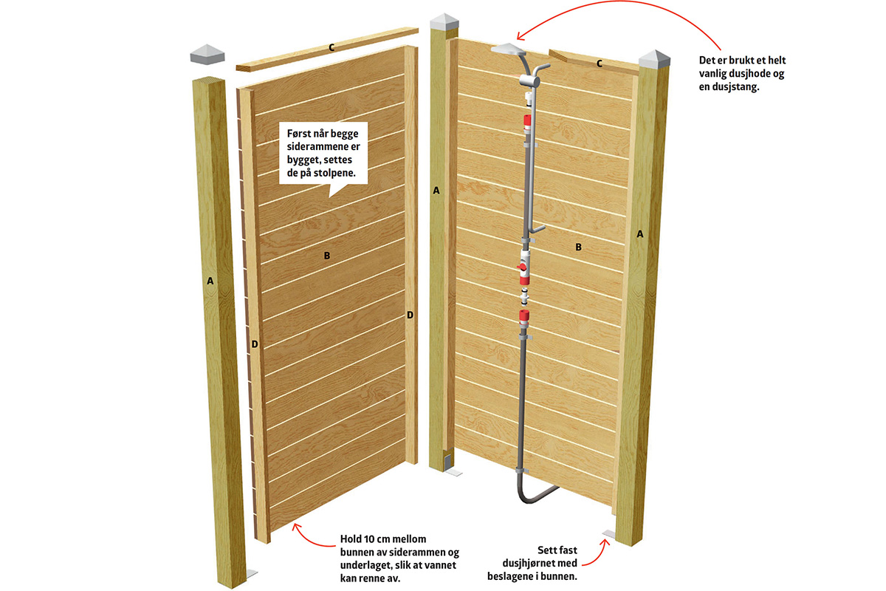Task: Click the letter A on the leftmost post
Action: click(210, 281)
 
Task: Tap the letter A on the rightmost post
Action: click(640, 233)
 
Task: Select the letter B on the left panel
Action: click(326, 256)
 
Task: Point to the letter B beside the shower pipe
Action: click(579, 247)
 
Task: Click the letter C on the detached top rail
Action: click(332, 48)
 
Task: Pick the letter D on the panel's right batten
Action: click(410, 315)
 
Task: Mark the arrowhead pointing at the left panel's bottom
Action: click(295, 526)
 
